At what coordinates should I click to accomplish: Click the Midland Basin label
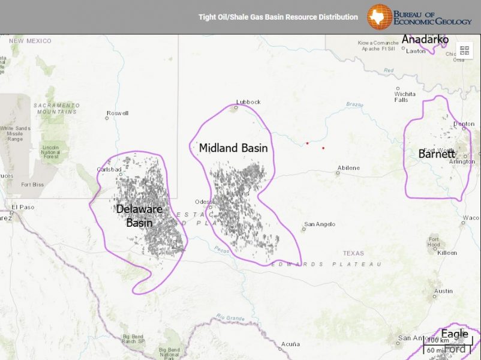[233, 148]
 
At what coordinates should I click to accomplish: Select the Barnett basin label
[437, 154]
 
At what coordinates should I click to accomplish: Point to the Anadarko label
[425, 40]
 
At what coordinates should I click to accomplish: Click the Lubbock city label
[248, 102]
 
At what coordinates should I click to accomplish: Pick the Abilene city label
[348, 168]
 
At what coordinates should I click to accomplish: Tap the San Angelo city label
[320, 224]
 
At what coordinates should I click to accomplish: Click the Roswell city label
[117, 113]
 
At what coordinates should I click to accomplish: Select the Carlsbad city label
[109, 169]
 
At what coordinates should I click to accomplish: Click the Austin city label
[443, 291]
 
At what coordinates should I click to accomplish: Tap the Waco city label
[472, 218]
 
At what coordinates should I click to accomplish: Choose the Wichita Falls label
[405, 97]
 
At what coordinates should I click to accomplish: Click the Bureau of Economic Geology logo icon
[379, 17]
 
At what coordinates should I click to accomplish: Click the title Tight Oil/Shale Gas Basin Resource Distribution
[278, 17]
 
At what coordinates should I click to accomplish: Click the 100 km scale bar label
[438, 340]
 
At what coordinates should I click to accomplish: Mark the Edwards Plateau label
[326, 264]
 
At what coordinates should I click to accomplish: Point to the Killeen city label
[447, 253]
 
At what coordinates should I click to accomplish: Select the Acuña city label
[290, 344]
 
